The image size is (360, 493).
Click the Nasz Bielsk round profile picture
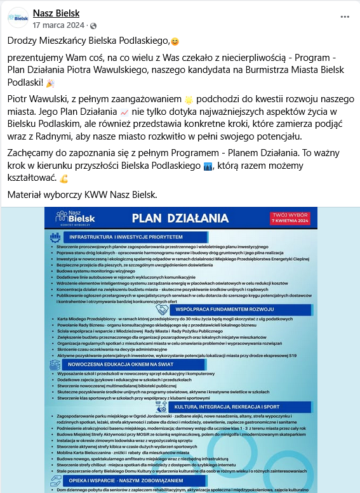pyautogui.click(x=18, y=18)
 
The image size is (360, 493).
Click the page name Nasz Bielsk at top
pyautogui.click(x=57, y=13)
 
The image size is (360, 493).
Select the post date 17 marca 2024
pyautogui.click(x=59, y=25)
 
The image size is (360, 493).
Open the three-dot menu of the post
pyautogui.click(x=346, y=16)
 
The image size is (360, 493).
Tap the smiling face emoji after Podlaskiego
pyautogui.click(x=175, y=42)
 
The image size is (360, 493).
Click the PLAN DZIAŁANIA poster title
pyautogui.click(x=180, y=219)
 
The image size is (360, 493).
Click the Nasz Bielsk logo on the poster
pyautogui.click(x=71, y=219)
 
